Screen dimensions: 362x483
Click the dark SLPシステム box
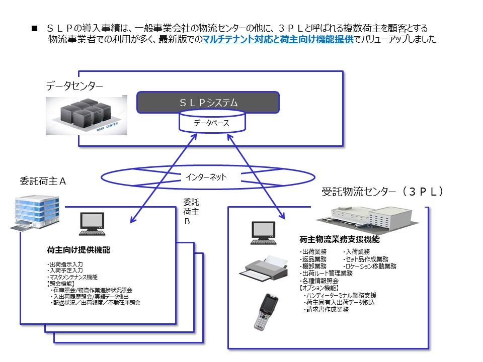208,102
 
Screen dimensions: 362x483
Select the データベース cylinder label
212,123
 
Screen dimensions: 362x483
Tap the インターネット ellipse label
206,177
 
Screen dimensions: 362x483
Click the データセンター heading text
74,86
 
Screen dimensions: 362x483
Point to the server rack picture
86,115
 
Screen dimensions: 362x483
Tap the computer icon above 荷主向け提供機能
93,224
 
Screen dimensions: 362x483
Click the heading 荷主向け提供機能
78,250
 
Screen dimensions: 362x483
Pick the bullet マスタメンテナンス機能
72,277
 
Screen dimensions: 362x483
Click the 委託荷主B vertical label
191,211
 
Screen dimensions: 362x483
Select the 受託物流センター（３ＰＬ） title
382,192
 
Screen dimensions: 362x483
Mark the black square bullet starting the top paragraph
35,29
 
